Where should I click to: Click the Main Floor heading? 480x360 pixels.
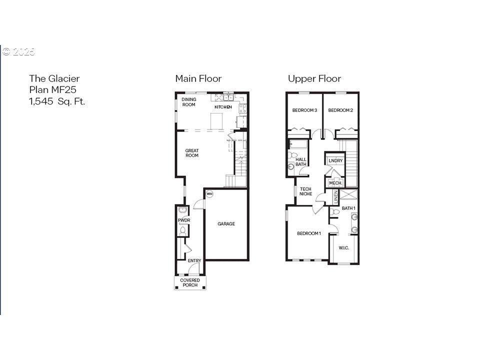point(198,78)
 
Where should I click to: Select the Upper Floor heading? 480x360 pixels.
point(314,78)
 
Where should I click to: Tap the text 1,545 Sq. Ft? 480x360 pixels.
point(56,101)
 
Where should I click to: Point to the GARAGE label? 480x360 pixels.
point(226,224)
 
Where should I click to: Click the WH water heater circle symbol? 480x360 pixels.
point(209,194)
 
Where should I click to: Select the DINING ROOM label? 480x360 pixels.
point(188,102)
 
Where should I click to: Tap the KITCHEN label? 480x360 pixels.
point(223,107)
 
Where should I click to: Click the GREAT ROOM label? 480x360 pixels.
point(192,153)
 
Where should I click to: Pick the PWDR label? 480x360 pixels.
point(183,220)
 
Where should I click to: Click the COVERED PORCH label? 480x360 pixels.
point(190,282)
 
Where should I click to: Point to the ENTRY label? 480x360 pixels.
point(194,261)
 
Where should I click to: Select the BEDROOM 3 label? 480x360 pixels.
point(304,110)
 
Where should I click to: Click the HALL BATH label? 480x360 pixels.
point(301,162)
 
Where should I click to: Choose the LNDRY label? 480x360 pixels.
point(335,160)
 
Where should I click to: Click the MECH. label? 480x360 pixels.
point(335,183)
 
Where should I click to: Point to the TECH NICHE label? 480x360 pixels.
point(305,191)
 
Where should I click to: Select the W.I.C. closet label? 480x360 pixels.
point(343,248)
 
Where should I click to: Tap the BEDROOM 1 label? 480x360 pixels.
point(309,233)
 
